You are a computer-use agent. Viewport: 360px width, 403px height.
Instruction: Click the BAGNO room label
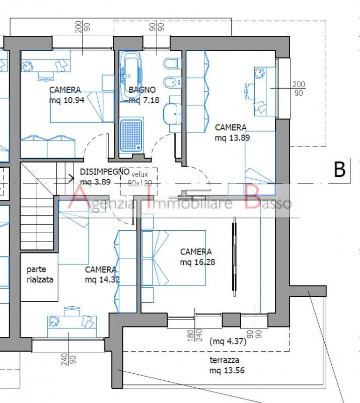(x=142, y=90)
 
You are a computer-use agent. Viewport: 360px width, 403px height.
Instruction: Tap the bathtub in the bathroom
(x=130, y=76)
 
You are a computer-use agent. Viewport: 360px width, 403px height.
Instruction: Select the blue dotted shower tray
(x=131, y=136)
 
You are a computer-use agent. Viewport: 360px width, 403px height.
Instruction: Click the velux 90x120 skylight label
(x=139, y=179)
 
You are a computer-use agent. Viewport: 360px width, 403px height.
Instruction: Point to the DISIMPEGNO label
(x=105, y=172)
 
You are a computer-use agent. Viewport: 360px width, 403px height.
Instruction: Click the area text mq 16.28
(x=197, y=262)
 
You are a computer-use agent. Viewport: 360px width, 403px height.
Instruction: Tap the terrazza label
(x=225, y=360)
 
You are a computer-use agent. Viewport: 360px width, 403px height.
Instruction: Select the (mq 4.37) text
(x=228, y=342)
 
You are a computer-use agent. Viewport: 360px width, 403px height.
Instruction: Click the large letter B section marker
(x=339, y=169)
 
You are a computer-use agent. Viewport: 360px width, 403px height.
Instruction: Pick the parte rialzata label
(x=40, y=275)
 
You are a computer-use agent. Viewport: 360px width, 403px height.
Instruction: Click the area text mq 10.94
(x=67, y=100)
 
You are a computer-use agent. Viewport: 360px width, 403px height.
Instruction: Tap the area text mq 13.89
(x=232, y=138)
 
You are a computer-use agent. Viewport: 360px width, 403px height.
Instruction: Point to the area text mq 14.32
(x=102, y=280)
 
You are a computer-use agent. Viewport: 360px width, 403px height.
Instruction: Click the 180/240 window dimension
(x=195, y=335)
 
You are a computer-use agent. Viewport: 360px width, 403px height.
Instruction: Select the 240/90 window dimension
(x=68, y=359)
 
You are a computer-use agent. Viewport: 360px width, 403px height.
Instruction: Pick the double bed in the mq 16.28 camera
(x=174, y=258)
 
